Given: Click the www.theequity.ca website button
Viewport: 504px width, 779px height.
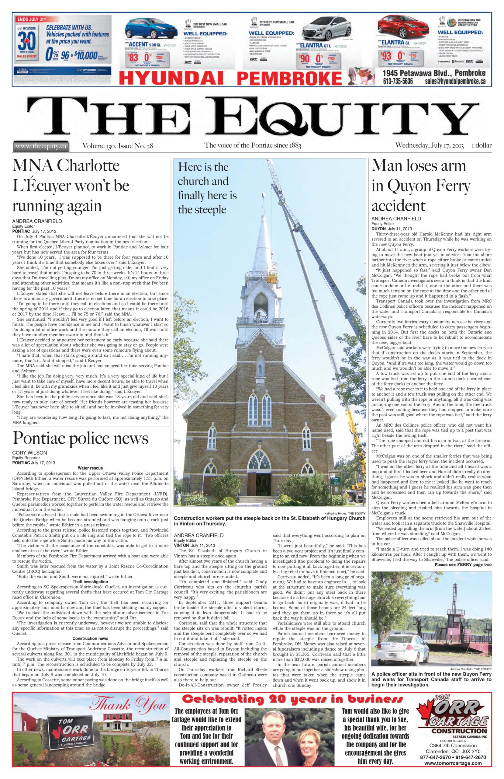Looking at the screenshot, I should tap(40, 146).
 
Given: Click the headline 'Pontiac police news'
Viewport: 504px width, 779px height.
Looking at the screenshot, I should tap(80, 438).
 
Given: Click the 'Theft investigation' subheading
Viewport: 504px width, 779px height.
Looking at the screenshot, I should tap(90, 581).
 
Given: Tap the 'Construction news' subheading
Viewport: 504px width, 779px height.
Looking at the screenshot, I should tap(90, 638).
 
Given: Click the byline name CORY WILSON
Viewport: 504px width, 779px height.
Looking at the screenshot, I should tap(29, 453).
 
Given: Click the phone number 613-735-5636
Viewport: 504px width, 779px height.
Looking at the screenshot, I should tap(398, 81).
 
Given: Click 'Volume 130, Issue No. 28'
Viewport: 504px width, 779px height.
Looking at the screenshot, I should tap(118, 146).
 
